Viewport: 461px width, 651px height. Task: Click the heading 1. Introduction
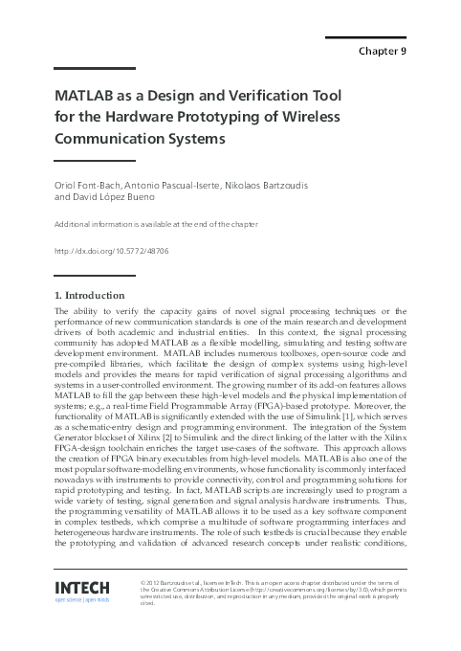(91, 295)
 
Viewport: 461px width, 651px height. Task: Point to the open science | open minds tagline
(82, 602)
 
